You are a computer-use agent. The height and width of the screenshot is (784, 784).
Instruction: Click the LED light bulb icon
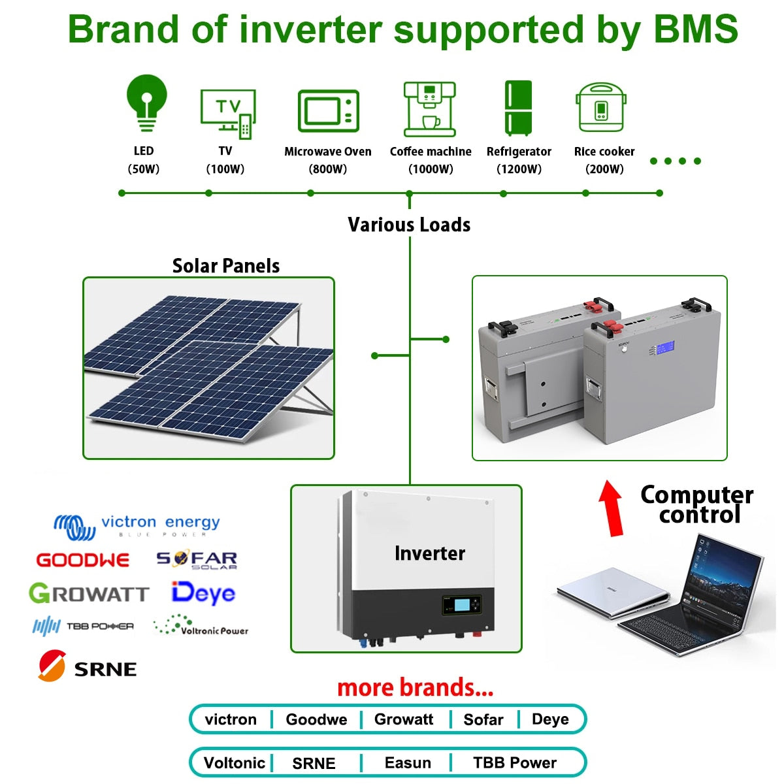tap(146, 103)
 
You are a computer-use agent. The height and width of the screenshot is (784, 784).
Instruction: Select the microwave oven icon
tap(329, 111)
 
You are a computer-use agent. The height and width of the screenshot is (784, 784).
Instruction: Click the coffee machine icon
tap(429, 109)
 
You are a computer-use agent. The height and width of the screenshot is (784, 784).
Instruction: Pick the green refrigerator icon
tap(518, 108)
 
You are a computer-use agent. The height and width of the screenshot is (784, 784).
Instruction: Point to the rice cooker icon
tap(601, 108)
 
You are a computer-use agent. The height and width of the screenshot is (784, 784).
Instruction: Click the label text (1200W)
tap(519, 169)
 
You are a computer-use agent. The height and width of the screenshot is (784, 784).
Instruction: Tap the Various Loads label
tap(409, 225)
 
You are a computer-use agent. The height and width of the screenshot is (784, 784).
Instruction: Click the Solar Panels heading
tap(225, 266)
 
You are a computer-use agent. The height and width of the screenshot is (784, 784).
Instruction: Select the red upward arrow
tap(612, 508)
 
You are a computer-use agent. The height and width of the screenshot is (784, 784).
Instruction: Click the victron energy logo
tap(137, 527)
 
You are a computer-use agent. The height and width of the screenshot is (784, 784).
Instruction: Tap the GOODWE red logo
tap(83, 560)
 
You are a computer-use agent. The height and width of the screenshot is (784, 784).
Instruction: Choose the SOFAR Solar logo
tap(197, 560)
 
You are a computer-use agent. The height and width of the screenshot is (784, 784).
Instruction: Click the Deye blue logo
tap(203, 593)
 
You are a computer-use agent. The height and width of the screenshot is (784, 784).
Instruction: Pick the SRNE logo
tap(87, 667)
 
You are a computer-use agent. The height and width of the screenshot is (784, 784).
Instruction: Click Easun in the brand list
tap(408, 762)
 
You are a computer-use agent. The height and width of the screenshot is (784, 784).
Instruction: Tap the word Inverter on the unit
tap(430, 553)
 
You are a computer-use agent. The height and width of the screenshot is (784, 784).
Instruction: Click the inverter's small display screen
tap(461, 604)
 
